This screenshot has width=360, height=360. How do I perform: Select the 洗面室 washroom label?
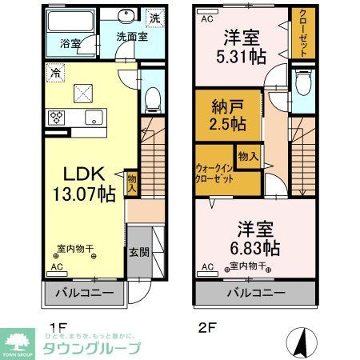pyautogui.click(x=130, y=37)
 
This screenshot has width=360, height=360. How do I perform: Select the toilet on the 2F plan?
pyautogui.click(x=303, y=84)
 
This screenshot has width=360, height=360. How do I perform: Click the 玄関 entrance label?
pyautogui.click(x=138, y=251)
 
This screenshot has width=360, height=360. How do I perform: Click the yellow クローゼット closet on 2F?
pyautogui.click(x=305, y=32)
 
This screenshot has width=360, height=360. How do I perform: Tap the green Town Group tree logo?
pyautogui.click(x=17, y=342)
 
